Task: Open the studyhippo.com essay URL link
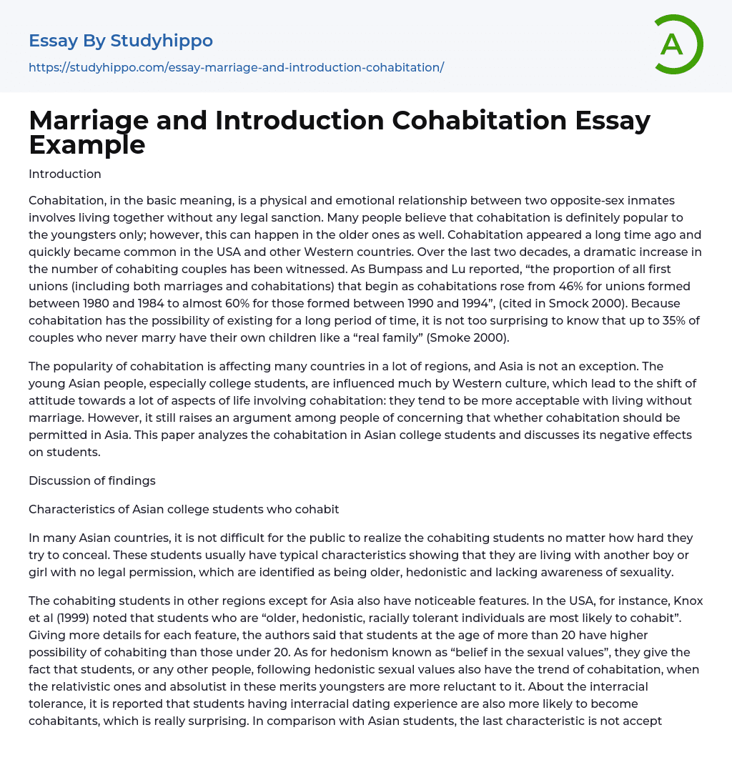236,67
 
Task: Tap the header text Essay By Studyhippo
121,41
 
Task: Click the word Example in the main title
87,144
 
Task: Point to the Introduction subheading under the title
65,174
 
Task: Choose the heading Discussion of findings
92,480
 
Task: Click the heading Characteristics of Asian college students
184,509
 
